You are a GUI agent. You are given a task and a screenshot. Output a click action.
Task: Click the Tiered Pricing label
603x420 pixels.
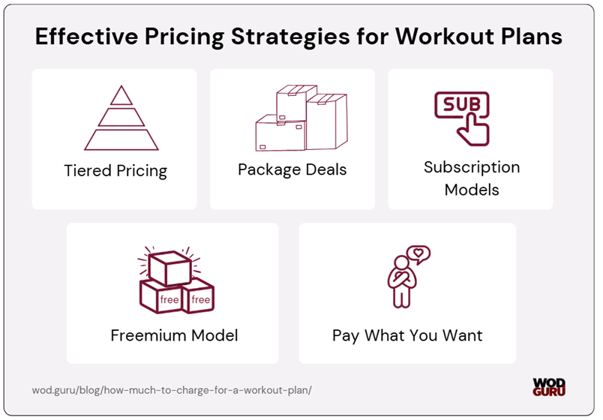pyautogui.click(x=115, y=170)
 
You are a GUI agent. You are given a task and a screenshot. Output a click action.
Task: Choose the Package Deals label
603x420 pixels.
pyautogui.click(x=292, y=169)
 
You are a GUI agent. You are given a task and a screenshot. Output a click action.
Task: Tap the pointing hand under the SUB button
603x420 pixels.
pyautogui.click(x=473, y=129)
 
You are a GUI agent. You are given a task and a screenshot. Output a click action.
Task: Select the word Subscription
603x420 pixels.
pyautogui.click(x=472, y=166)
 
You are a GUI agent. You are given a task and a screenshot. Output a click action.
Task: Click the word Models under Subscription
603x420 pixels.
pyautogui.click(x=472, y=189)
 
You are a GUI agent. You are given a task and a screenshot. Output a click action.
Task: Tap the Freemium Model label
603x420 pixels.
pyautogui.click(x=174, y=335)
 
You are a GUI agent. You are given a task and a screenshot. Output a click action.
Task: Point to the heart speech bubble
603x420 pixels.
pyautogui.click(x=418, y=255)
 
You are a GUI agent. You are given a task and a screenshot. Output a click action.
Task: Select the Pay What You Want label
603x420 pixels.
pyautogui.click(x=407, y=335)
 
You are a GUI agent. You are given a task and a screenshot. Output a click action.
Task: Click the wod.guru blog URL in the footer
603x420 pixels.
pyautogui.click(x=172, y=390)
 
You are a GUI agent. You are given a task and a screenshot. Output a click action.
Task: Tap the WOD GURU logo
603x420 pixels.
pyautogui.click(x=549, y=386)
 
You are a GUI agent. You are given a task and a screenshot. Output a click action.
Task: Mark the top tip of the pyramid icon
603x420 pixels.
pyautogui.click(x=121, y=86)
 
